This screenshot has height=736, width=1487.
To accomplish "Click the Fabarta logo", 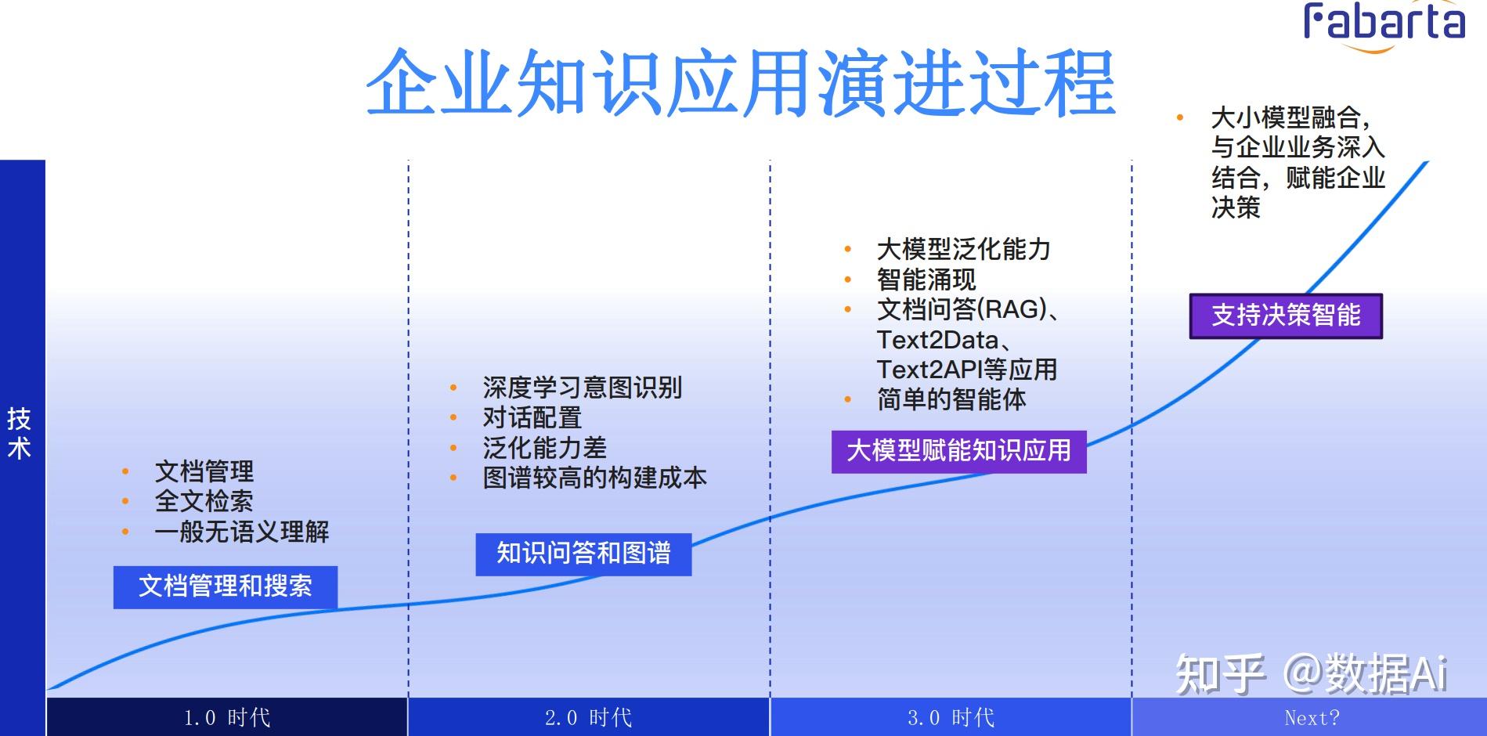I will (x=1384, y=23).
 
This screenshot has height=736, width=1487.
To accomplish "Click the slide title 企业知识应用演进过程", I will (x=739, y=83).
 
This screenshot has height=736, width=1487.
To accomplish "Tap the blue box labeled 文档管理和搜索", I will (x=226, y=586).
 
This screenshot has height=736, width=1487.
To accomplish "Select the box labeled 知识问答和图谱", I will (x=583, y=554).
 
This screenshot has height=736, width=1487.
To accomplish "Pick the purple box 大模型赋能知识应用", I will (x=958, y=451).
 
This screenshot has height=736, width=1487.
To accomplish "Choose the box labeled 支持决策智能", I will (x=1286, y=316).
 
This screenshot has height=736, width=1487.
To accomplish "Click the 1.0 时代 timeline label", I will (x=226, y=717).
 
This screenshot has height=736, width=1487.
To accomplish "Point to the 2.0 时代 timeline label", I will (x=588, y=717).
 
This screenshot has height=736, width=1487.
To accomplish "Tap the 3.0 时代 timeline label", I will (x=951, y=717).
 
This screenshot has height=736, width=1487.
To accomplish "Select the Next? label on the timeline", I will (x=1312, y=717).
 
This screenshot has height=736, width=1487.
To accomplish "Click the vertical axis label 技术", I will (x=19, y=433).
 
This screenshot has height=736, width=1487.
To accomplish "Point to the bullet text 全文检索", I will (x=204, y=501).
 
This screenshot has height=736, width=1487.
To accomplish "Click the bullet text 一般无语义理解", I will (x=241, y=532).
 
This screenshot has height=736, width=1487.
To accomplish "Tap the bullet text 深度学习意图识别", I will (x=582, y=388).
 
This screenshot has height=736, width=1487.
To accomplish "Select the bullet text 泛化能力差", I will (x=544, y=448).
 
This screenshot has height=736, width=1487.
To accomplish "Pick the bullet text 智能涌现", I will (x=926, y=280).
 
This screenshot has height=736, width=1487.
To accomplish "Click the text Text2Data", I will (x=938, y=340).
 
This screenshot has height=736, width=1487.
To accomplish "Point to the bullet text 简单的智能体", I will (x=951, y=400).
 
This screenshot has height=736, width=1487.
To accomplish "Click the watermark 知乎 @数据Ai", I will (x=1311, y=673).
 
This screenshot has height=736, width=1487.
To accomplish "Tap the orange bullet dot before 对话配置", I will (x=453, y=418).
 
